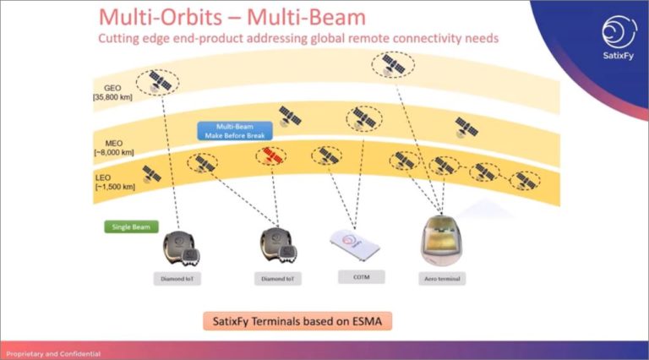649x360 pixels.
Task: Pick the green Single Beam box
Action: tap(126, 226)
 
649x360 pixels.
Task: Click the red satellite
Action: tap(270, 156)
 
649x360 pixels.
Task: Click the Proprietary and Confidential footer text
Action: tap(53, 352)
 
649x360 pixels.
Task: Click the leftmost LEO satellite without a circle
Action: tap(151, 173)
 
